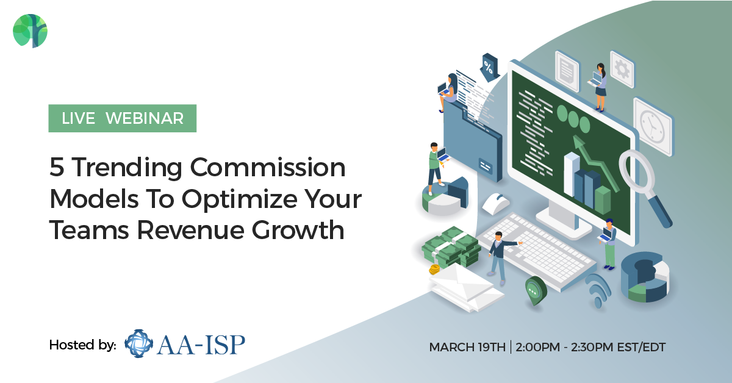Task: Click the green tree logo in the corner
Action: (x=30, y=30)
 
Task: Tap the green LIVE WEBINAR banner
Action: (x=122, y=118)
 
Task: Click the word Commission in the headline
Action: (x=267, y=167)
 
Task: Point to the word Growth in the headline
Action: (x=298, y=230)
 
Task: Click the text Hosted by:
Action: (x=83, y=345)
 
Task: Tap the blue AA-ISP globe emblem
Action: (x=139, y=343)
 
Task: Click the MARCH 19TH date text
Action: (x=467, y=347)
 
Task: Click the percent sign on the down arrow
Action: (x=488, y=68)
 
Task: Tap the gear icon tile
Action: (x=622, y=69)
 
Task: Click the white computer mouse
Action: (x=495, y=203)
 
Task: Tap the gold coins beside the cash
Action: (x=435, y=270)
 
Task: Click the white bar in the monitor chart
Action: (x=571, y=175)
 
